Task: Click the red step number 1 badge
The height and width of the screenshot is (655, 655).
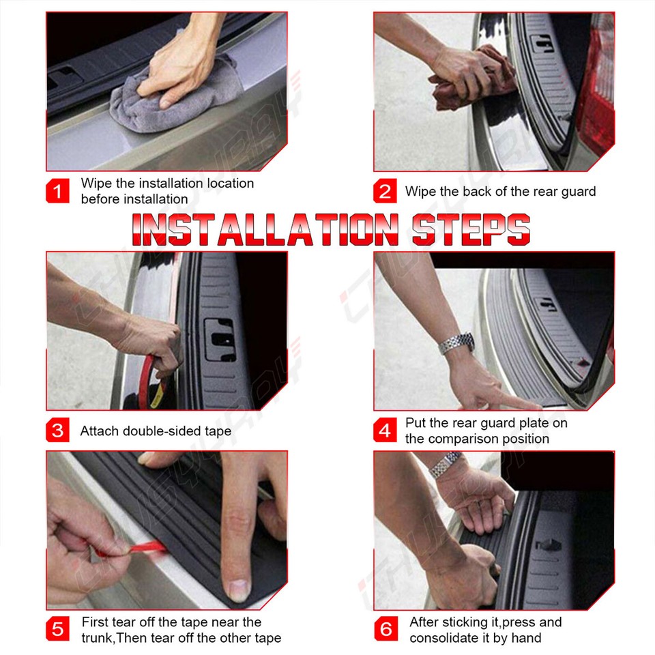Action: point(57,192)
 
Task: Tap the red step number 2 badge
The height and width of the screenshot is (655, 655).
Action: point(385,192)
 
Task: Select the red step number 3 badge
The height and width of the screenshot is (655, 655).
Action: point(57,431)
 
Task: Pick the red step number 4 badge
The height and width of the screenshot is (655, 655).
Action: point(385,431)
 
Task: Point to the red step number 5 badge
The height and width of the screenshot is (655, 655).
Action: point(57,629)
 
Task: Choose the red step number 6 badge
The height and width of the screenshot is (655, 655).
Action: point(386,629)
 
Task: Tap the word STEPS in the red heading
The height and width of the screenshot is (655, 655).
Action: point(471,229)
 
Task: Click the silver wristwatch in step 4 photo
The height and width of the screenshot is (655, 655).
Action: point(456,343)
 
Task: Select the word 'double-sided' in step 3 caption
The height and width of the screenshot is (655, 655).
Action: point(157,431)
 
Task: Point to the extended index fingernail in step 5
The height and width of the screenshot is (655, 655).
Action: point(237,589)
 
